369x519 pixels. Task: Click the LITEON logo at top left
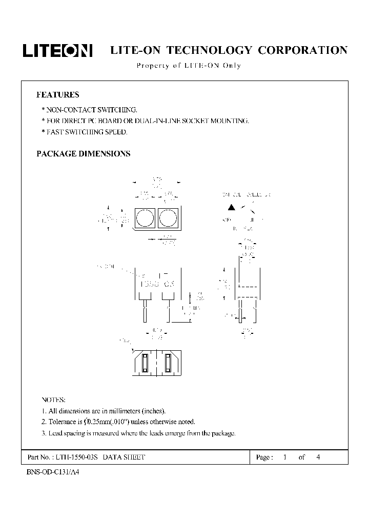click(x=57, y=50)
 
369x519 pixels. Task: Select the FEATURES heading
click(x=57, y=94)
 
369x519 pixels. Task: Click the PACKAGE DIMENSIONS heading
click(x=83, y=153)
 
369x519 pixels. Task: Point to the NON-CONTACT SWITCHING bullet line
click(x=89, y=110)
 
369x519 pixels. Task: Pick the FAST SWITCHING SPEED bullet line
click(x=84, y=132)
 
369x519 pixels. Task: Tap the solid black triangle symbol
click(x=231, y=208)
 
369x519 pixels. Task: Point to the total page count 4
click(x=318, y=457)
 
